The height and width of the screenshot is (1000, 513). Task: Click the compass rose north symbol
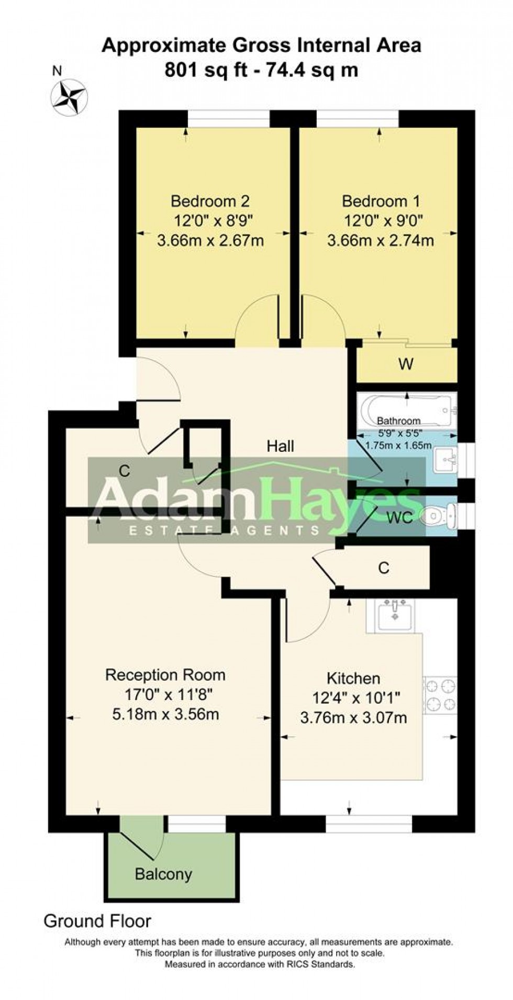[x=69, y=97]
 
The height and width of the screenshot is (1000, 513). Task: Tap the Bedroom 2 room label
[x=210, y=201]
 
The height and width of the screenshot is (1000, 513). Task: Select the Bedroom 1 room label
[x=381, y=201]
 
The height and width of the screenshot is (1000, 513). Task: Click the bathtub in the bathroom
[x=406, y=408]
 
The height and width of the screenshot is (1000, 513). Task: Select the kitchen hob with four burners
[x=440, y=695]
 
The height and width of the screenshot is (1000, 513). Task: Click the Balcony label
[x=163, y=874]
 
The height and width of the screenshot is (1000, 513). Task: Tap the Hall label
[x=280, y=446]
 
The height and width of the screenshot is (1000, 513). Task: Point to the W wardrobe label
[x=406, y=364]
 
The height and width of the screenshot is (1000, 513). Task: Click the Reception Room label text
[x=165, y=675]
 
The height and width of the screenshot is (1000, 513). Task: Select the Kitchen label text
[x=353, y=679]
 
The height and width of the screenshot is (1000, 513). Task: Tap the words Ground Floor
[x=97, y=921]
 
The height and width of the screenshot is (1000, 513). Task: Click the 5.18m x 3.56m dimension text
[x=165, y=714]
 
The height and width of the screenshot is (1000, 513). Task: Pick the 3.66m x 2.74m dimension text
[x=381, y=241]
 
